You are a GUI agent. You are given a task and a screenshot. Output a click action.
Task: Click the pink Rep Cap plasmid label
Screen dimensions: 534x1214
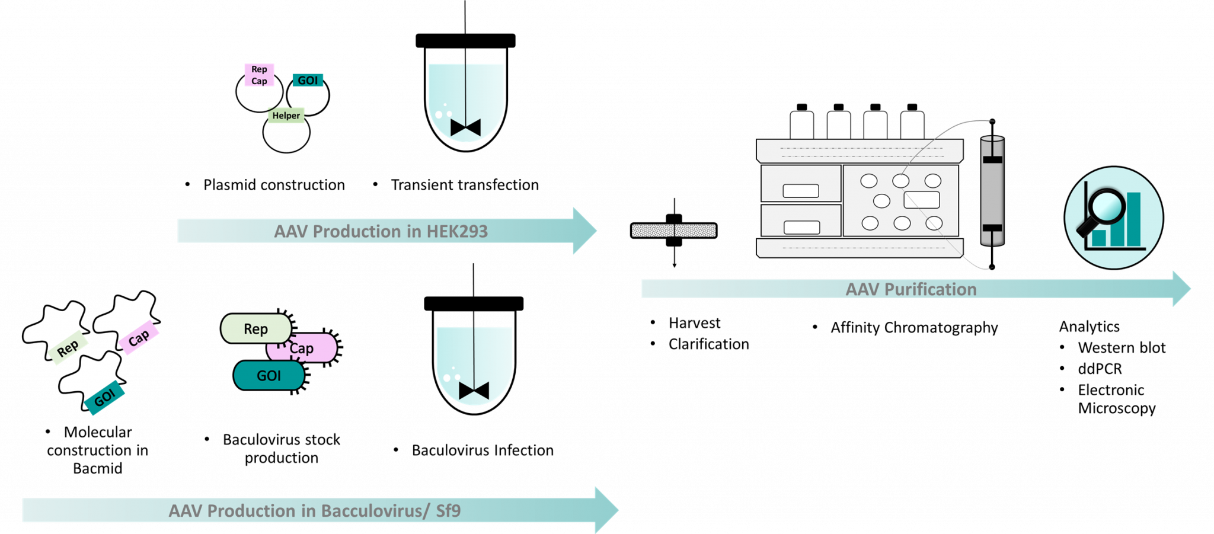coord(259,75)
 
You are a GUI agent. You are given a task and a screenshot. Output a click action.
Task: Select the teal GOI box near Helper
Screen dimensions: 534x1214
coord(308,80)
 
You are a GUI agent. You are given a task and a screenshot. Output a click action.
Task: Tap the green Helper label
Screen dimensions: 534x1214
coord(286,116)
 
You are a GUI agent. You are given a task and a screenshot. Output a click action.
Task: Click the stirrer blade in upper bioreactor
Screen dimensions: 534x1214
coord(465,127)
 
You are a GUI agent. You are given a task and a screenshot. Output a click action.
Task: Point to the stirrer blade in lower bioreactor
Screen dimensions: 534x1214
coord(474,391)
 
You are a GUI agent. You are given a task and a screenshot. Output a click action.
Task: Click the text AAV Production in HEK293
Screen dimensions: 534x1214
coord(381,231)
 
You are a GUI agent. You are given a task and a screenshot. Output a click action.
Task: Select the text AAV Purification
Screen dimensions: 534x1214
coord(910,289)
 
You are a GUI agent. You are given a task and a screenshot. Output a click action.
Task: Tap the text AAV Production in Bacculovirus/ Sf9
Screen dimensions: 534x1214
coord(314,511)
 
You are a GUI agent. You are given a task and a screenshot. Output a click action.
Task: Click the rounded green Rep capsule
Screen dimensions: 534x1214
coord(255,328)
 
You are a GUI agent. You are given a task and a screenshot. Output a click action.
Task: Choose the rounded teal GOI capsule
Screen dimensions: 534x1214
coord(269,376)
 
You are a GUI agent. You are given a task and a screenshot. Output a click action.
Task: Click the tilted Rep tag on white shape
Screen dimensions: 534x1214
coord(68,348)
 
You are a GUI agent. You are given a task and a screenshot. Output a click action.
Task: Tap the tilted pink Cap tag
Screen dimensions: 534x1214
coord(139,338)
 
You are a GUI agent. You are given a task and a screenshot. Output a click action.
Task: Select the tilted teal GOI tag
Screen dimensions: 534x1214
coord(105,397)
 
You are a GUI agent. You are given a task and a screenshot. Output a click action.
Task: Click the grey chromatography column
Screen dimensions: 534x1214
coord(992,191)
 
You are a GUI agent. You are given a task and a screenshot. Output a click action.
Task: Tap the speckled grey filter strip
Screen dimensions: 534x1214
coord(673,231)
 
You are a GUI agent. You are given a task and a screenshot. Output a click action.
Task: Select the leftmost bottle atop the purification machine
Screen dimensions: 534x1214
coord(801,125)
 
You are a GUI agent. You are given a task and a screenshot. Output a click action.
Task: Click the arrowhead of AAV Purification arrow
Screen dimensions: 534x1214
coord(1181,289)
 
